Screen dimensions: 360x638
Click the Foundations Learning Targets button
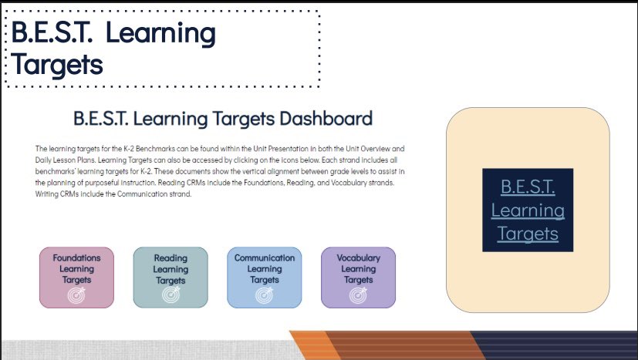tap(76, 277)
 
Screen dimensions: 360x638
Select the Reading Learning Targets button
tap(170, 277)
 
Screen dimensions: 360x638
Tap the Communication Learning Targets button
tap(265, 277)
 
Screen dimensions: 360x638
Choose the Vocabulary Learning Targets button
tap(358, 277)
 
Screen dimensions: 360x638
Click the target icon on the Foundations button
tap(76, 295)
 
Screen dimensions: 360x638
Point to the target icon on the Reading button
tap(170, 295)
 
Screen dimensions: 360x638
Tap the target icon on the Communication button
tap(265, 295)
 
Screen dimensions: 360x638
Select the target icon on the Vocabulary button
tap(358, 295)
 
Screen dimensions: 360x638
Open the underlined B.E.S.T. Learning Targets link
tap(528, 210)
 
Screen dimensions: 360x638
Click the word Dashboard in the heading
tap(323, 119)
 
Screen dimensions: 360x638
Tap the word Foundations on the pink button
tap(76, 258)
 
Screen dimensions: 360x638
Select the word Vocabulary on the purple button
tap(358, 258)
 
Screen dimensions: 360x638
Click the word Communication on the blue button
tap(265, 258)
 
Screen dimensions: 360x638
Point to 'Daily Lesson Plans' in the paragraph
tap(69, 159)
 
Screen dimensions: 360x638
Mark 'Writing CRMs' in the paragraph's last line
tap(59, 194)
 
